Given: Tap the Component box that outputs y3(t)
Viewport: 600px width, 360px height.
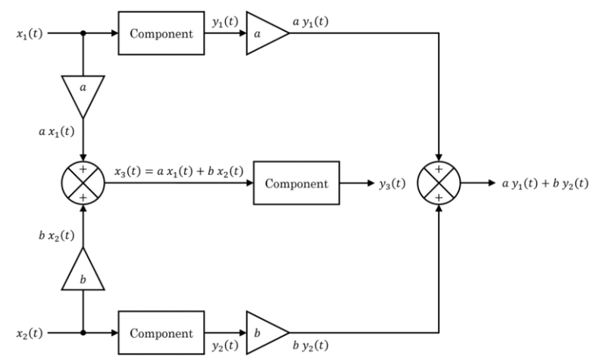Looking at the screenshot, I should pos(296,183).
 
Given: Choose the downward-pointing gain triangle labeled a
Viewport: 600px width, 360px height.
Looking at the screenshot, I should pos(83,92).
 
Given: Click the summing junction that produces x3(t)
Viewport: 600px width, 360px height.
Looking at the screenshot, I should pos(83,183).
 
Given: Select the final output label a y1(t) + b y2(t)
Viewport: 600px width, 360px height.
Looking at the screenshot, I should pos(545,183).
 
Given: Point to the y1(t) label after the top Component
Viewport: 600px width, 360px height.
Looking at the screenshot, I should pos(224,22).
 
